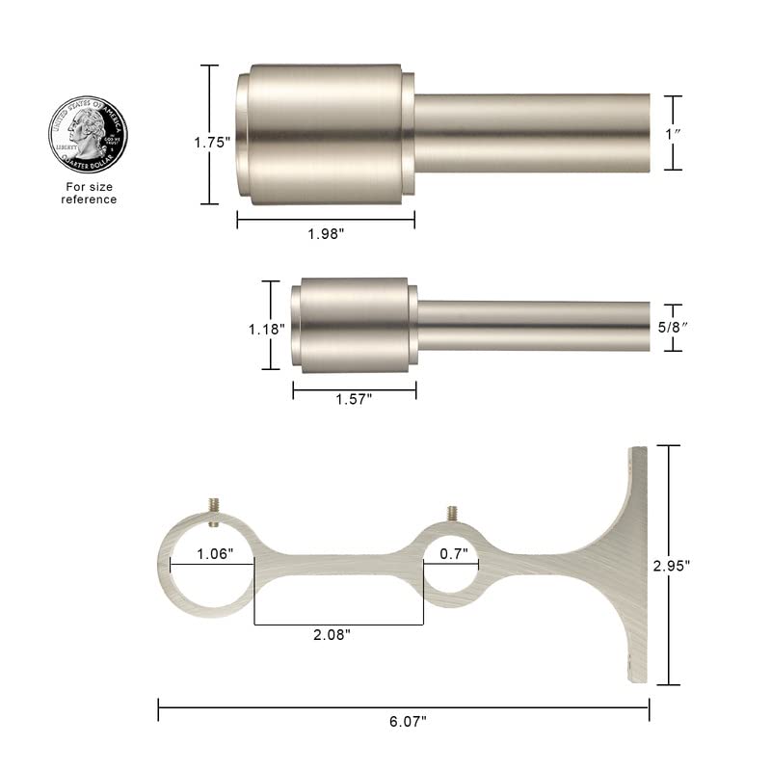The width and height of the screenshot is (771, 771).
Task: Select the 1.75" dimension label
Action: click(x=212, y=142)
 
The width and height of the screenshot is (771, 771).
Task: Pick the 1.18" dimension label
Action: click(x=268, y=328)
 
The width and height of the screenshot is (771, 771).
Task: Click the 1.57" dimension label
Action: click(x=354, y=398)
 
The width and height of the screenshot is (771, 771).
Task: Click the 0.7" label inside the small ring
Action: click(x=453, y=553)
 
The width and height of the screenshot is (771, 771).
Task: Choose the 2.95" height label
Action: click(x=706, y=566)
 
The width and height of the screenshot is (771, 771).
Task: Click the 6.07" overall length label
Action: click(x=404, y=719)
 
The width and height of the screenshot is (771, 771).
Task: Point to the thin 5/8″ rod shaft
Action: click(x=535, y=326)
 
